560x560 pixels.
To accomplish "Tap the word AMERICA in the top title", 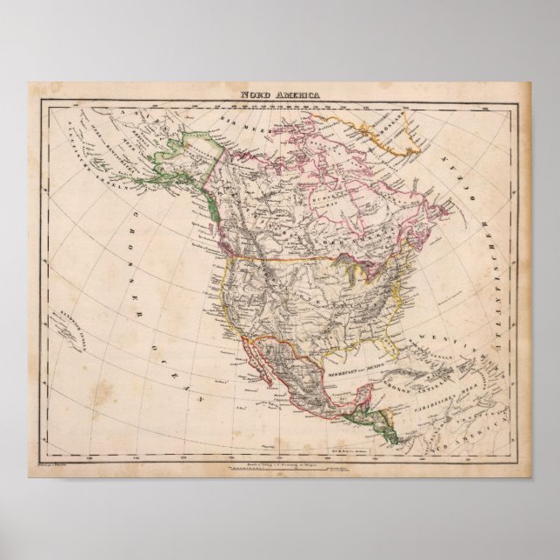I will (x=293, y=97).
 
